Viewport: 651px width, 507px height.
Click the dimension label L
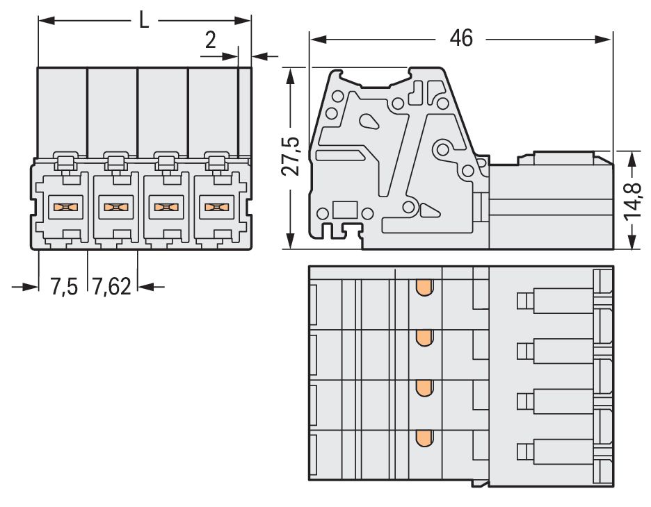pyautogui.click(x=143, y=20)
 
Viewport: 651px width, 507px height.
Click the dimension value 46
pyautogui.click(x=460, y=39)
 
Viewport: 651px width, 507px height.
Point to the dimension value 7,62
pyautogui.click(x=111, y=286)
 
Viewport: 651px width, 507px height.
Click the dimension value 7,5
pyautogui.click(x=63, y=286)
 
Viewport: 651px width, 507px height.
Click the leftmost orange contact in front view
pyautogui.click(x=64, y=206)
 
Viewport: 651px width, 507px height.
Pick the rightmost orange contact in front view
pyautogui.click(x=214, y=206)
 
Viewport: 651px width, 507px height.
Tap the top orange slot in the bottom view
pyautogui.click(x=423, y=288)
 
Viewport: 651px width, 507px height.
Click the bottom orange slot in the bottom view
pyautogui.click(x=423, y=438)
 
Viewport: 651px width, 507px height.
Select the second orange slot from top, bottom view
pyautogui.click(x=423, y=338)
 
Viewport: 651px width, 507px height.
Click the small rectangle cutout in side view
pyautogui.click(x=344, y=210)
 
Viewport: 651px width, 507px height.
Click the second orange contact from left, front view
pyautogui.click(x=114, y=206)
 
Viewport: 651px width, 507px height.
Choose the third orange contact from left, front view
pyautogui.click(x=164, y=206)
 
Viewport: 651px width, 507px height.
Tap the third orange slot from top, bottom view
pyautogui.click(x=423, y=388)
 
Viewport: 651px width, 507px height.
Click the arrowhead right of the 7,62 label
pyautogui.click(x=146, y=286)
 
